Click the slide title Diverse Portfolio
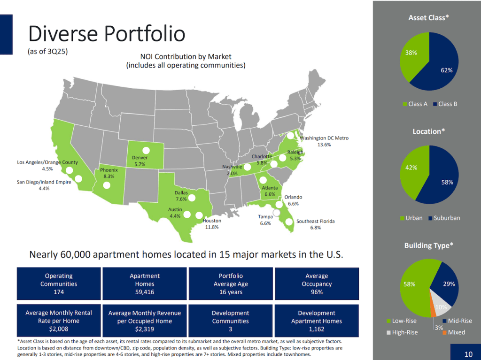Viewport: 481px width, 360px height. pyautogui.click(x=107, y=34)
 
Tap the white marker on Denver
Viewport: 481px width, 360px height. pyautogui.click(x=146, y=151)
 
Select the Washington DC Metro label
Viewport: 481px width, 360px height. pyautogui.click(x=324, y=141)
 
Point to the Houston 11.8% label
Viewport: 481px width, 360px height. pyautogui.click(x=212, y=224)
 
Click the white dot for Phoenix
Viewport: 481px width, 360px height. pyautogui.click(x=107, y=185)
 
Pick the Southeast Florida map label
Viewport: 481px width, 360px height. pyautogui.click(x=315, y=224)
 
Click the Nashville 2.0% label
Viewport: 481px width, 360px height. pyautogui.click(x=232, y=170)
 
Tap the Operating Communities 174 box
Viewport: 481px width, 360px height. pyautogui.click(x=59, y=284)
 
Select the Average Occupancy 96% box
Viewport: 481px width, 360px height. pyautogui.click(x=317, y=284)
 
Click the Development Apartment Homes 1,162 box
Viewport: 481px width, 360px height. pyautogui.click(x=317, y=321)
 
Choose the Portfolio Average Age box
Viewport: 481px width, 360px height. pyautogui.click(x=231, y=284)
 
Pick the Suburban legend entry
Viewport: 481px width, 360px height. pyautogui.click(x=444, y=218)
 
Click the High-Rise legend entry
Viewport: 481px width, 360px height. pyautogui.click(x=404, y=332)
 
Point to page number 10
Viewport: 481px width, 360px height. pyautogui.click(x=468, y=353)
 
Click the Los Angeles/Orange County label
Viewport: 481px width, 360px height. pyautogui.click(x=47, y=166)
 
